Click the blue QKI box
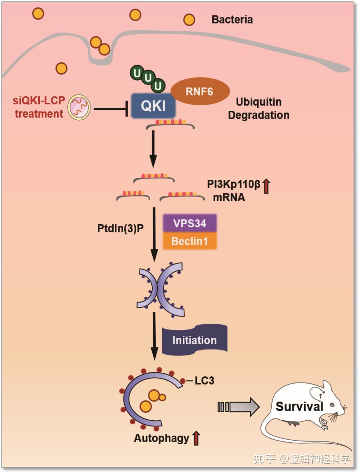pos(153,106)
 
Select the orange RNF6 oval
pos(200,91)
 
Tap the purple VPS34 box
pos(190,223)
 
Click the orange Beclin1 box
pos(190,241)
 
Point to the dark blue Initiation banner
pos(194,340)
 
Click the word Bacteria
pos(232,19)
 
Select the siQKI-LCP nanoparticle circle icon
pos(79,107)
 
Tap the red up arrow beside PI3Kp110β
pos(266,186)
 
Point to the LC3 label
pos(204,380)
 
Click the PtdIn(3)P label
pos(120,228)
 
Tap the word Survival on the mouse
pos(299,406)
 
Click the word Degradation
pos(258,115)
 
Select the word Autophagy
pos(161,438)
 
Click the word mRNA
pos(229,198)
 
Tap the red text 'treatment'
pos(39,114)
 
